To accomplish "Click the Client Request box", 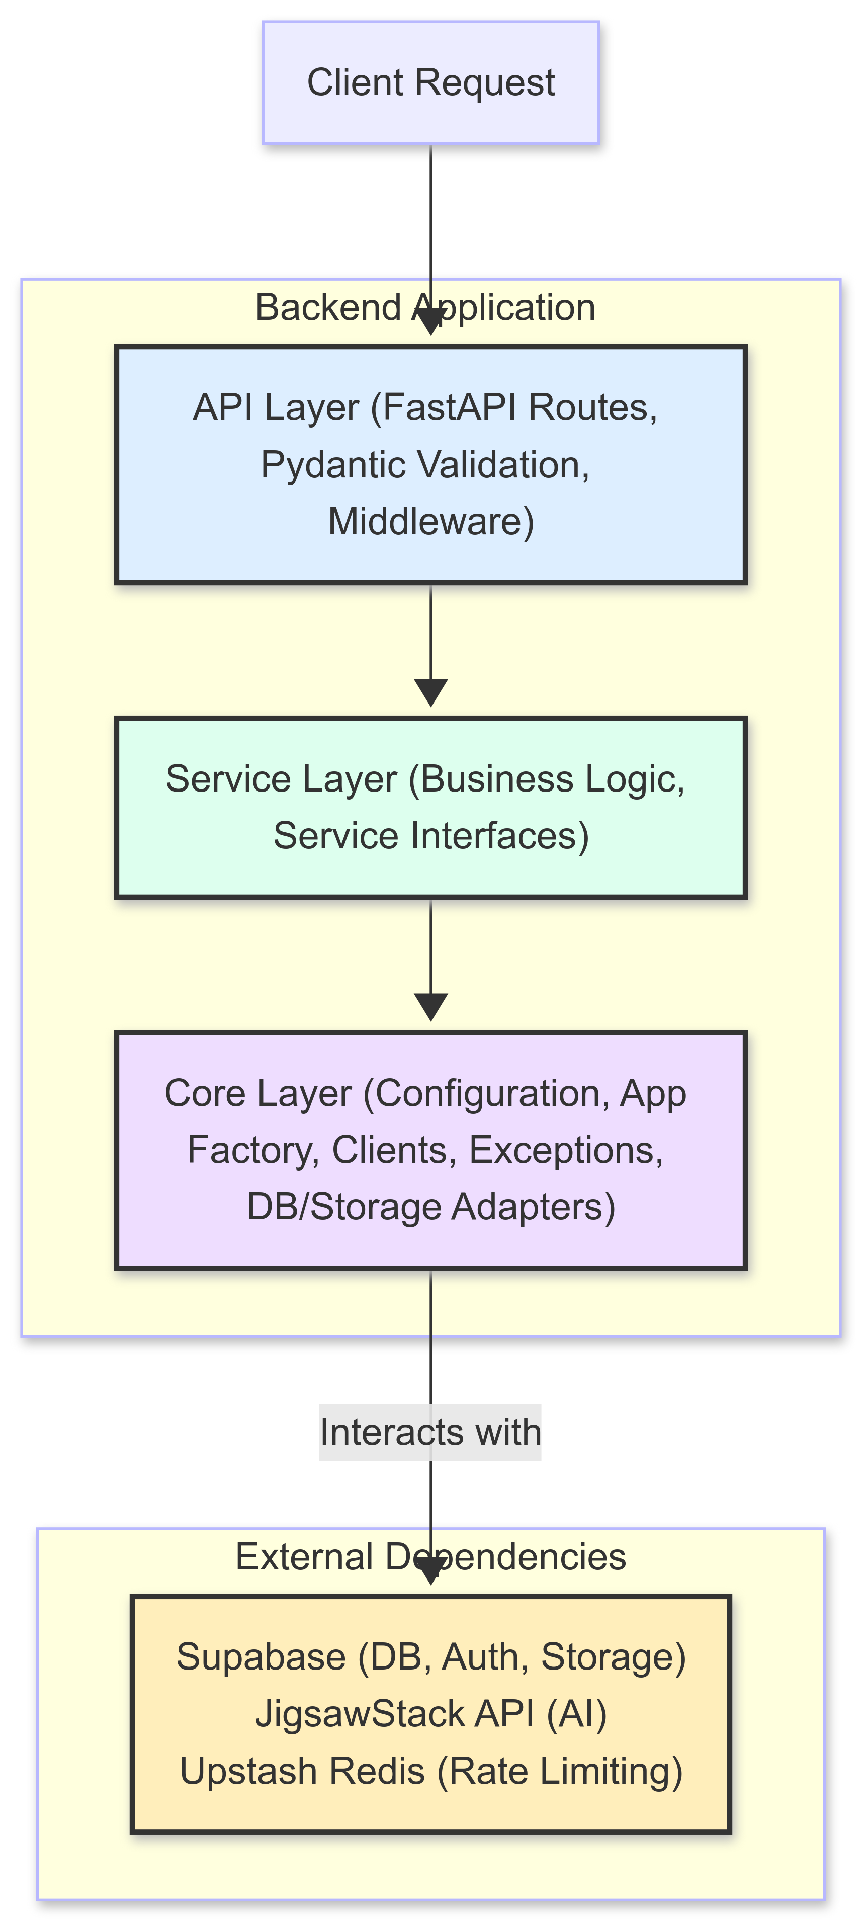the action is (430, 82).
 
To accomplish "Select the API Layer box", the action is (430, 465).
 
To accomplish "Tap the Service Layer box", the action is (430, 807).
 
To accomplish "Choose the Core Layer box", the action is (430, 1150).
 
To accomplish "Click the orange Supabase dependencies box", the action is (430, 1714).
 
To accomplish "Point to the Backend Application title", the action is (425, 307).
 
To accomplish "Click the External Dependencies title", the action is (430, 1557).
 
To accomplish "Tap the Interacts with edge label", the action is (430, 1432).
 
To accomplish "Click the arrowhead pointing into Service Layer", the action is (431, 692).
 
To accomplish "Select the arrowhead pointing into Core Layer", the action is (431, 1007).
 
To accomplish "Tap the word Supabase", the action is (261, 1657).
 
